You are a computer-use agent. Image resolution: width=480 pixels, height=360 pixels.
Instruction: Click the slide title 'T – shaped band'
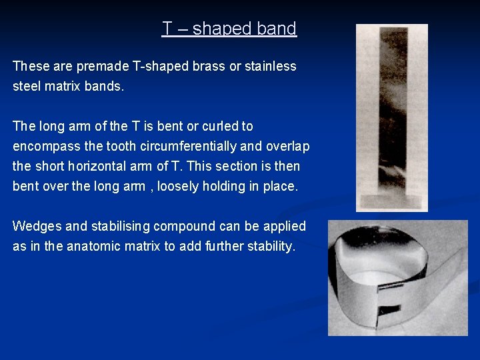tap(229, 29)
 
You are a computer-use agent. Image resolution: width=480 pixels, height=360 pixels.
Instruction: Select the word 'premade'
tap(99, 67)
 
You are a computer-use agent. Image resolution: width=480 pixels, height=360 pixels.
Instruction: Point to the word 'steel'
tap(27, 87)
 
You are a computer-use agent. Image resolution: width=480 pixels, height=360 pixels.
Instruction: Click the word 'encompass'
tap(43, 146)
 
